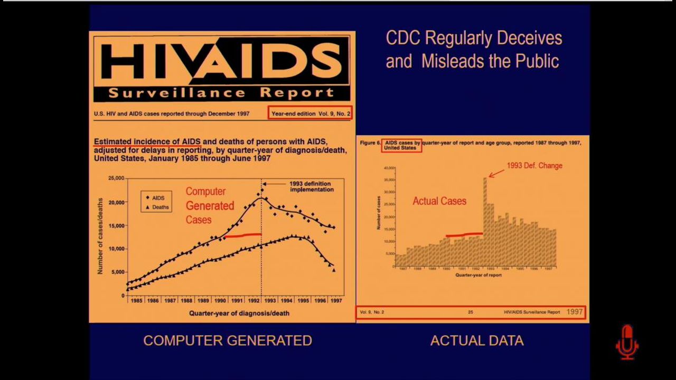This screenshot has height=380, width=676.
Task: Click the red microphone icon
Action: (x=627, y=342)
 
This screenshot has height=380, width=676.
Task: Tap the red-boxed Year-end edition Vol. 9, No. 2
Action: (x=310, y=113)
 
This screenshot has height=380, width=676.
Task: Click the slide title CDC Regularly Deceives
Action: (x=474, y=39)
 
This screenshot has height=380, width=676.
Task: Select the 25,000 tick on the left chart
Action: (x=116, y=178)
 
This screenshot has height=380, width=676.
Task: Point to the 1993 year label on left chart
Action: (x=270, y=300)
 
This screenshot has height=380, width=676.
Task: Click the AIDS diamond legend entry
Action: (x=155, y=198)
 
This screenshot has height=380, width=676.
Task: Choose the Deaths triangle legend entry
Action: (x=157, y=207)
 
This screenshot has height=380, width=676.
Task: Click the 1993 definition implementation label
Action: (x=312, y=186)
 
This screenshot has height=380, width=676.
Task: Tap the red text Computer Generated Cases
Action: (x=209, y=205)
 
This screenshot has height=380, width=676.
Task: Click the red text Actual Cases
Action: (x=439, y=201)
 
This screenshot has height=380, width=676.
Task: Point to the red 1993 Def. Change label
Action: (x=534, y=166)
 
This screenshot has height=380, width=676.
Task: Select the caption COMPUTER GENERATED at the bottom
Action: (x=228, y=341)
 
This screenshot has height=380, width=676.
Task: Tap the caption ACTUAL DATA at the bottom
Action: (x=477, y=341)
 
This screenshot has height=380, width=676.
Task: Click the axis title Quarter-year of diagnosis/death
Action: (x=239, y=313)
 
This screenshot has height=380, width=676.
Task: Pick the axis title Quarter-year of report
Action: (x=478, y=275)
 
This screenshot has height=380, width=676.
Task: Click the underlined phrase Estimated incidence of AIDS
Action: (x=147, y=141)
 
